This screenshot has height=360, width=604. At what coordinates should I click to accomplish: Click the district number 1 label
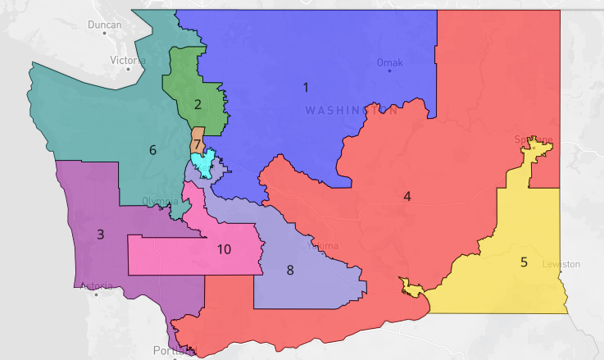coord(306,87)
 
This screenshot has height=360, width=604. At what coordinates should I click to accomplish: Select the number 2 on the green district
coord(198,104)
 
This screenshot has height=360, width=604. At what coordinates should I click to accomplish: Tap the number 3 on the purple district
coord(100,235)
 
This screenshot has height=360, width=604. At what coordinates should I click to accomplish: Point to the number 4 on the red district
coord(406,196)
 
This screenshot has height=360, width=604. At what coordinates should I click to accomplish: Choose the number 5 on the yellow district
coord(524,262)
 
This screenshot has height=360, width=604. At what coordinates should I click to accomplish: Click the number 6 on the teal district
coord(152,150)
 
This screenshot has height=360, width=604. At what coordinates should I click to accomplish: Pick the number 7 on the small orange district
coord(198,145)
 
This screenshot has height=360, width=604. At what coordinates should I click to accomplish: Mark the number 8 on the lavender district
coord(289,270)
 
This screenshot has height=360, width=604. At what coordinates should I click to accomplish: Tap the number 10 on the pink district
coord(224,249)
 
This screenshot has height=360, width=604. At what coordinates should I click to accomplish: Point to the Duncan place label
coord(105,25)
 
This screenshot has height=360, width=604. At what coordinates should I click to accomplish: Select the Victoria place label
coord(127,60)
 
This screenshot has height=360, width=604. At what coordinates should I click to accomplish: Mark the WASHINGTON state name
coord(351,110)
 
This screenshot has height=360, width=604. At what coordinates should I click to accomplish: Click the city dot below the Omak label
coord(389,71)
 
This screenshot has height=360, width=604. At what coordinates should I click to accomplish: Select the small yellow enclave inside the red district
coord(411,288)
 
